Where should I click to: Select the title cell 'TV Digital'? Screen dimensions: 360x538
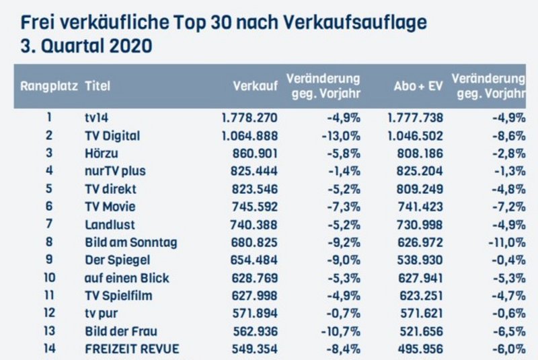[112, 136]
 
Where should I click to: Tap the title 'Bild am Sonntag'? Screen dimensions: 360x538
[126, 242]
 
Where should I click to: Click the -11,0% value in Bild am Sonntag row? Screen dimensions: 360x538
[506, 242]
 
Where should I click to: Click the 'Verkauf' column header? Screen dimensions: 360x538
[255, 86]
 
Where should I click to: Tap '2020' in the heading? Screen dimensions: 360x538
[128, 48]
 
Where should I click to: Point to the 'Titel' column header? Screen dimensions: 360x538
[98, 86]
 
